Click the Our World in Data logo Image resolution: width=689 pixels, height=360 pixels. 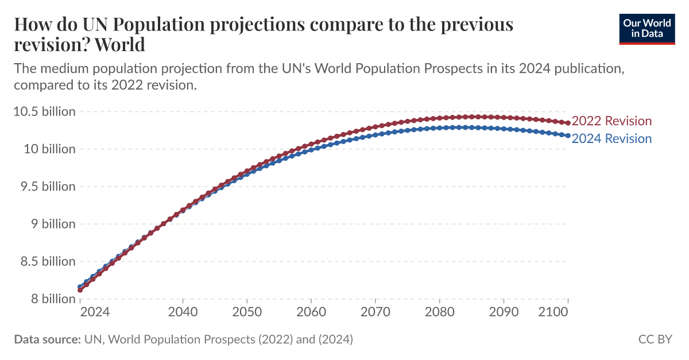[x=647, y=28]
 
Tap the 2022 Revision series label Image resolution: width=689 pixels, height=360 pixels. [x=611, y=121]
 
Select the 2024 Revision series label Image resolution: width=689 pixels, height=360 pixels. [x=611, y=139]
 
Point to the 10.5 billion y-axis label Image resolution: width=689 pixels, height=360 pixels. [x=44, y=111]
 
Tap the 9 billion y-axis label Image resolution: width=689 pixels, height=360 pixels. [x=51, y=224]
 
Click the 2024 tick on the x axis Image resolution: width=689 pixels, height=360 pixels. [x=95, y=312]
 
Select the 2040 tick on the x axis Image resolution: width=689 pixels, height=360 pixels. [x=183, y=312]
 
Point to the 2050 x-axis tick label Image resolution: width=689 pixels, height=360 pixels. [x=247, y=312]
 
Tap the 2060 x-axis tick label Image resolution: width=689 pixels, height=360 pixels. [x=311, y=312]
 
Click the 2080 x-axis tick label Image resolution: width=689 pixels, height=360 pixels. [x=439, y=312]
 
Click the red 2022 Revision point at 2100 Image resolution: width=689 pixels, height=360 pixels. [x=568, y=123]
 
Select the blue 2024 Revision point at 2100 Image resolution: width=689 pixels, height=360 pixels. [x=568, y=136]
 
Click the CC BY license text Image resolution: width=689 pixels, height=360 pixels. [x=655, y=339]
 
